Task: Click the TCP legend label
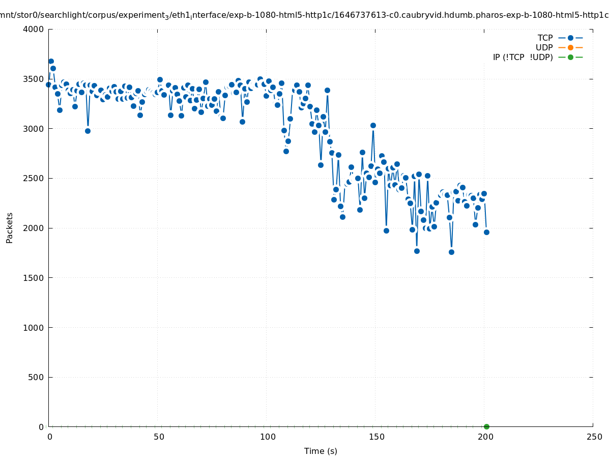pyautogui.click(x=545, y=38)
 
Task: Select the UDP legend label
pyautogui.click(x=544, y=47)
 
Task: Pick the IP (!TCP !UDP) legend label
pyautogui.click(x=523, y=57)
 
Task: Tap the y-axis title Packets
pyautogui.click(x=10, y=227)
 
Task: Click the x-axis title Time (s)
pyautogui.click(x=321, y=451)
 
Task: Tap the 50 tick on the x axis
pyautogui.click(x=159, y=437)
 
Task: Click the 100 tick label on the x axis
pyautogui.click(x=268, y=437)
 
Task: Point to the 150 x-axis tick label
pyautogui.click(x=376, y=437)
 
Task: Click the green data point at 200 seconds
pyautogui.click(x=486, y=426)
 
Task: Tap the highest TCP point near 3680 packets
pyautogui.click(x=51, y=61)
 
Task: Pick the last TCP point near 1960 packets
pyautogui.click(x=486, y=232)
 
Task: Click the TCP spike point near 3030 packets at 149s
pyautogui.click(x=373, y=125)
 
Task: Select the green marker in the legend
pyautogui.click(x=570, y=57)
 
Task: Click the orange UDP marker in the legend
pyautogui.click(x=570, y=47)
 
